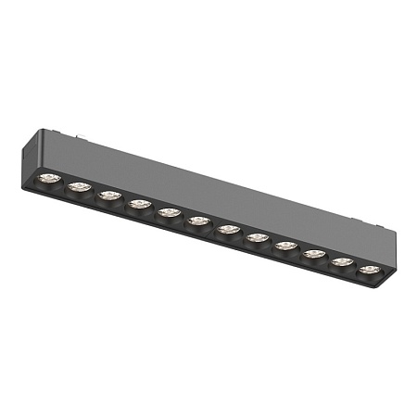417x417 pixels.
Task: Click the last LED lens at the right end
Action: click(x=370, y=270)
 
